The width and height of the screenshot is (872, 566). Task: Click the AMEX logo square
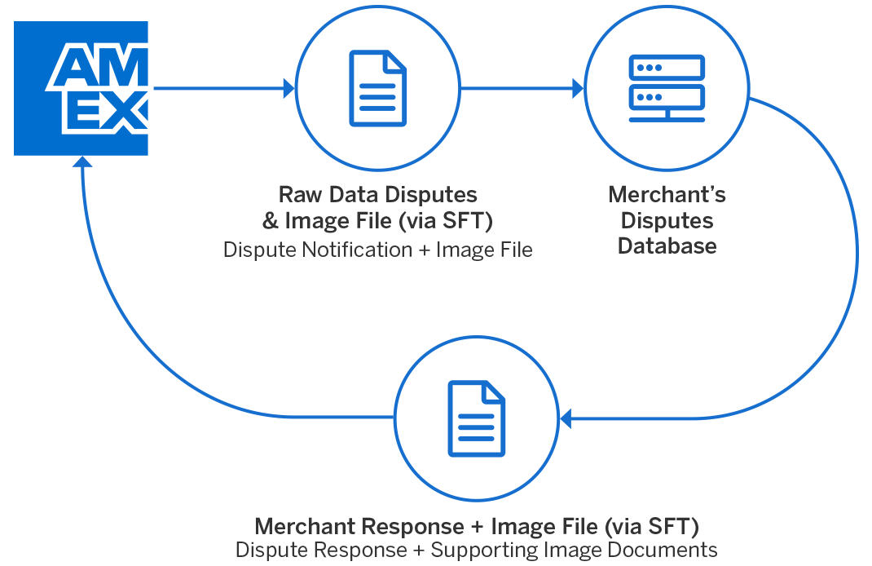click(81, 88)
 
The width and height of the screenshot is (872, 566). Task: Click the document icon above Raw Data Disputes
click(377, 89)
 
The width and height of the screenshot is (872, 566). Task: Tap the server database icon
click(667, 89)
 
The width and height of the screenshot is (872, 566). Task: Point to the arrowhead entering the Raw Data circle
click(289, 88)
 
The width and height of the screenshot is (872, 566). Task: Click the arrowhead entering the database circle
click(579, 88)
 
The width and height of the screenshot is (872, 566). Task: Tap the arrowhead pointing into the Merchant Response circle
click(565, 420)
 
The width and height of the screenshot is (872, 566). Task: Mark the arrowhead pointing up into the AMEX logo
click(81, 163)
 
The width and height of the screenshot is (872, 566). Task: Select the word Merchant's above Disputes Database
click(667, 196)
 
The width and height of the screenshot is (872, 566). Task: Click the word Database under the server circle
click(667, 246)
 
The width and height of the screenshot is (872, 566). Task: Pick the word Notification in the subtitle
click(354, 250)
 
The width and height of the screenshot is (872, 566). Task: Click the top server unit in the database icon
click(667, 68)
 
